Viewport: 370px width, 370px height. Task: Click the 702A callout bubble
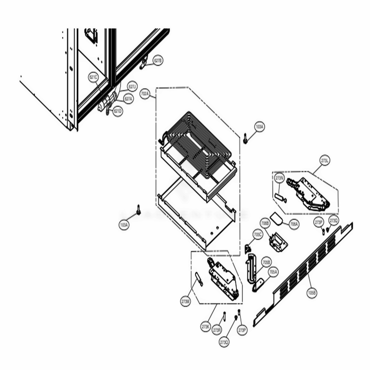click(145, 94)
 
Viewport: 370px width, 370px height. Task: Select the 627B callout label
click(158, 61)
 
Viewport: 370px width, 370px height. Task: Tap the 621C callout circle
click(93, 77)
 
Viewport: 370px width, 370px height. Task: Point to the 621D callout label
click(117, 111)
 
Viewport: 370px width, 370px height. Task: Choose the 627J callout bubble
click(132, 87)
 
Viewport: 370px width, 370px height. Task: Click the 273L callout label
click(325, 160)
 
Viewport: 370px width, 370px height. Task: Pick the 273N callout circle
click(279, 178)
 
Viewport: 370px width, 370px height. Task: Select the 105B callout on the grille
click(312, 293)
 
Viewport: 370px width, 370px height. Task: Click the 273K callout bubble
click(206, 327)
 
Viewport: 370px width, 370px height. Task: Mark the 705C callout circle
click(258, 234)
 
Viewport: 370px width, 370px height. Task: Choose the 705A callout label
click(273, 272)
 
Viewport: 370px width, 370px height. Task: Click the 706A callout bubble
click(294, 224)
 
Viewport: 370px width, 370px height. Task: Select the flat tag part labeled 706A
click(276, 219)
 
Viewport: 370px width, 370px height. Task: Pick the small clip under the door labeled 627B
click(143, 64)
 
